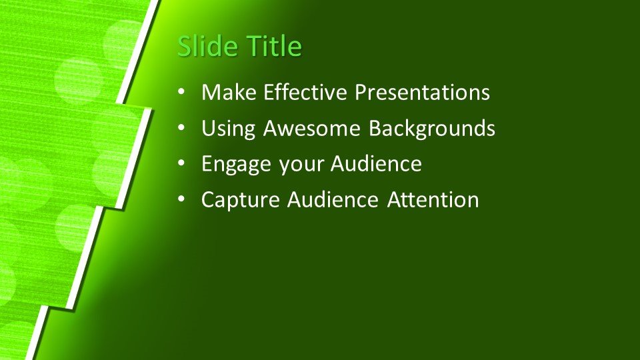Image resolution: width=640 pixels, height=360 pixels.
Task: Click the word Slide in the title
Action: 208,45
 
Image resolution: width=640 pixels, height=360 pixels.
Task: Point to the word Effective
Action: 305,92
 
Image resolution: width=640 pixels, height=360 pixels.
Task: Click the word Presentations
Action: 422,92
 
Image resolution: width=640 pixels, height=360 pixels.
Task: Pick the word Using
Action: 228,129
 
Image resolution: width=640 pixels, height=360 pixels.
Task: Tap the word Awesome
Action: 312,128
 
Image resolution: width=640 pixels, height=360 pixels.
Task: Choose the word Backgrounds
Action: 432,129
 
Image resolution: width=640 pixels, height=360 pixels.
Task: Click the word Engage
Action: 236,164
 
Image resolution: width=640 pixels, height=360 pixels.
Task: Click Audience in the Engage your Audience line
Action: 376,163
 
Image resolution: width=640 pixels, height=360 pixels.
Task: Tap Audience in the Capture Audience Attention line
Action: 333,199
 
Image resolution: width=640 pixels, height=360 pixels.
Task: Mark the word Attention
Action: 433,199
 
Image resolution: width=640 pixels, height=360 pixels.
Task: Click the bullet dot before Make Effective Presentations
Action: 181,92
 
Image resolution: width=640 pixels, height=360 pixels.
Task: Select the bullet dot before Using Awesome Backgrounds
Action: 181,128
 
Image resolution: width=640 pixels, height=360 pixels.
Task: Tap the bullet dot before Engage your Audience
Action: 181,163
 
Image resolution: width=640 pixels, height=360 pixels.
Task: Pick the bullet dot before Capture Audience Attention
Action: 181,199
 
